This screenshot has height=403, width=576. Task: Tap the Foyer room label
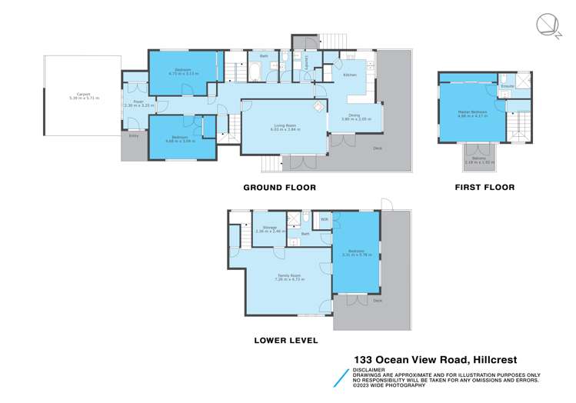(x=138, y=101)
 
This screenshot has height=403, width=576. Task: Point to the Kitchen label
(x=349, y=75)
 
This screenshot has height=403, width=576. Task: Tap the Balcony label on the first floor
(x=478, y=160)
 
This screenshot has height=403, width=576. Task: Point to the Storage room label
(x=269, y=227)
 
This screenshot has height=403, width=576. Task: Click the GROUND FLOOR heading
(x=279, y=187)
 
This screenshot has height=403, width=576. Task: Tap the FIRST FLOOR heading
(x=484, y=187)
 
